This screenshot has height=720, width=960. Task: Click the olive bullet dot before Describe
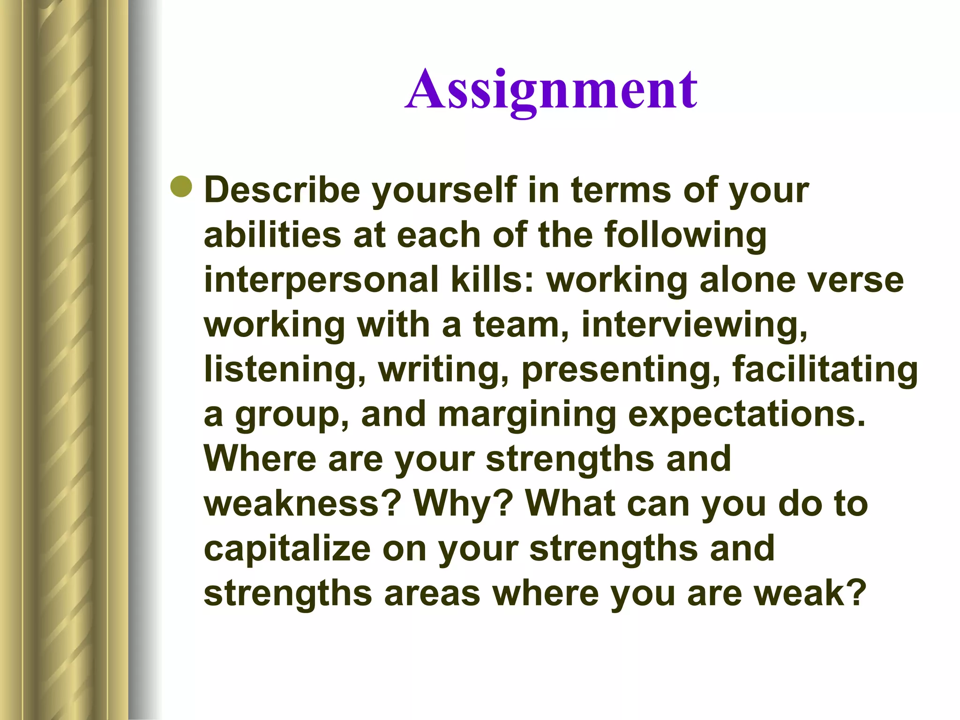point(181,187)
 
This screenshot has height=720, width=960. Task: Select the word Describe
point(282,190)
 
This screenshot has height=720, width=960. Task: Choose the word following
point(685,235)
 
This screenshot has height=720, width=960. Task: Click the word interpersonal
point(321,280)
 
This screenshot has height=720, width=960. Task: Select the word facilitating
point(825,369)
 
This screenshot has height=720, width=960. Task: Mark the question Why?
point(463,504)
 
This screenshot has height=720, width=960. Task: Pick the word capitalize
point(287,549)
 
